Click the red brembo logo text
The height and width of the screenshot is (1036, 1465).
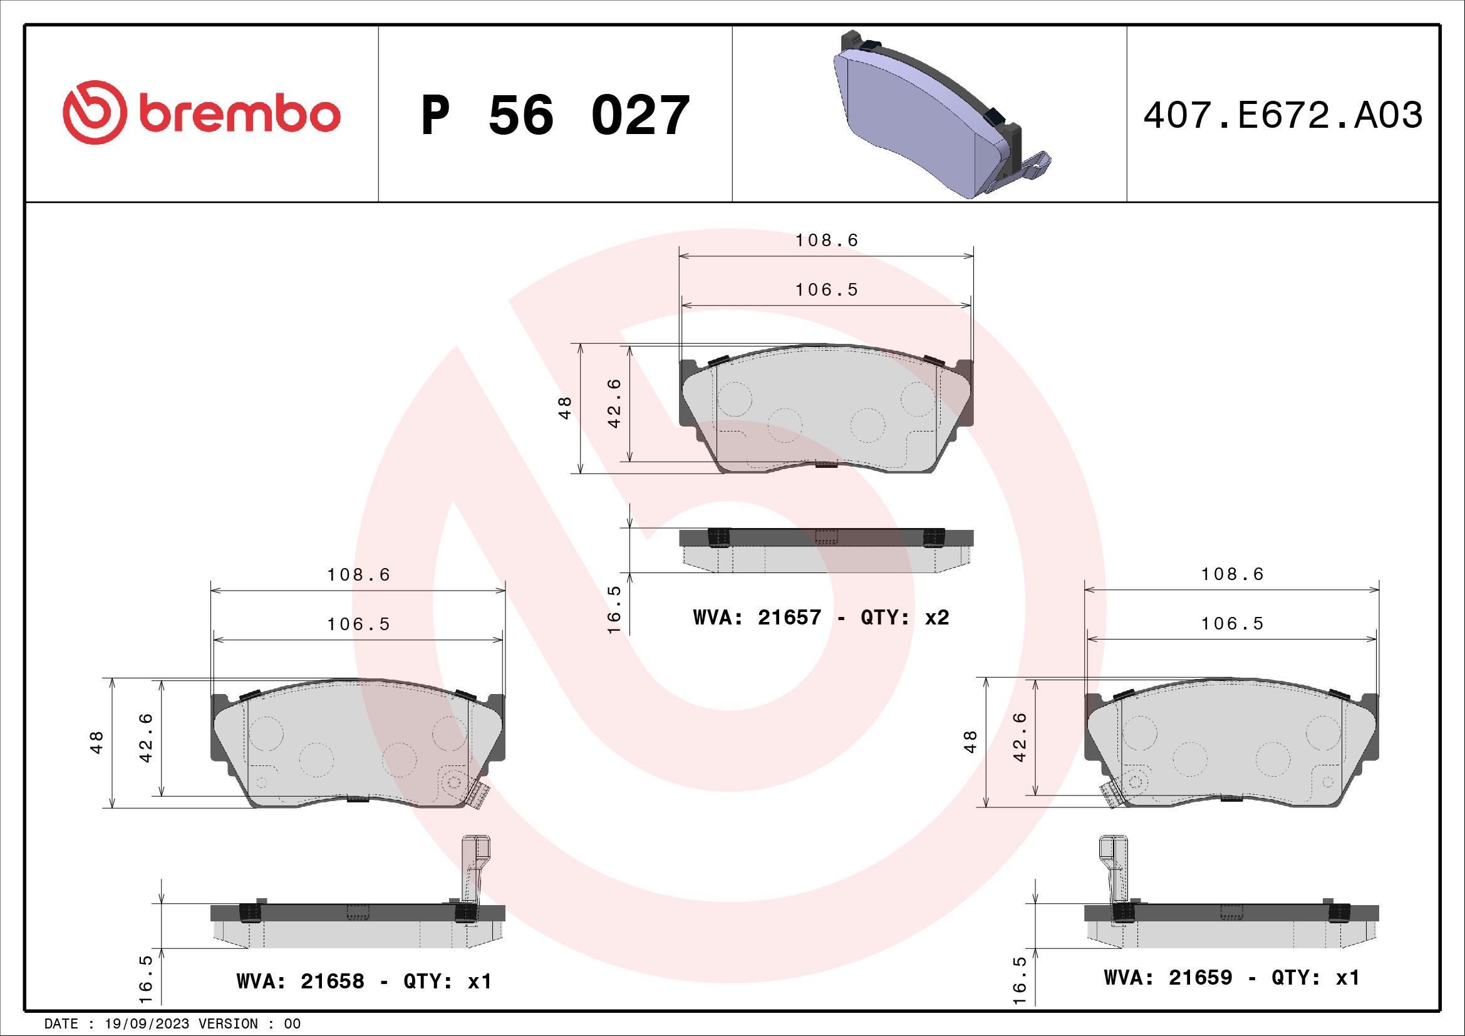click(236, 115)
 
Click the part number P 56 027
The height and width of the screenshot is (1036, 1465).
click(555, 116)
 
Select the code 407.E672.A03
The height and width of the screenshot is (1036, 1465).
click(1283, 116)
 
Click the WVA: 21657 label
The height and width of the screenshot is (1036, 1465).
click(757, 618)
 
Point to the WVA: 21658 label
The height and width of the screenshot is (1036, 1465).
click(300, 981)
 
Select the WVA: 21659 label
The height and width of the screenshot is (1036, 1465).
click(1167, 978)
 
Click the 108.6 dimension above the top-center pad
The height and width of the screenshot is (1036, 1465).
click(827, 241)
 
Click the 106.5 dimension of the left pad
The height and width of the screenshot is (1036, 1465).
click(359, 624)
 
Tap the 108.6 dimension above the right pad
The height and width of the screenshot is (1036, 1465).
click(1232, 574)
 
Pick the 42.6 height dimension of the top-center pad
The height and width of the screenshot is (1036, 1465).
click(614, 403)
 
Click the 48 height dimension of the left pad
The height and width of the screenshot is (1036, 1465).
click(97, 743)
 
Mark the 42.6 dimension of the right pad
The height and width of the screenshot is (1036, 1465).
click(1019, 737)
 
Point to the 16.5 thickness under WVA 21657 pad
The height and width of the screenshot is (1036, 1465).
click(614, 609)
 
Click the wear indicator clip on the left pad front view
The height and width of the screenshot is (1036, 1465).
click(477, 795)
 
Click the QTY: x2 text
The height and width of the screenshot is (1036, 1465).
click(905, 618)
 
